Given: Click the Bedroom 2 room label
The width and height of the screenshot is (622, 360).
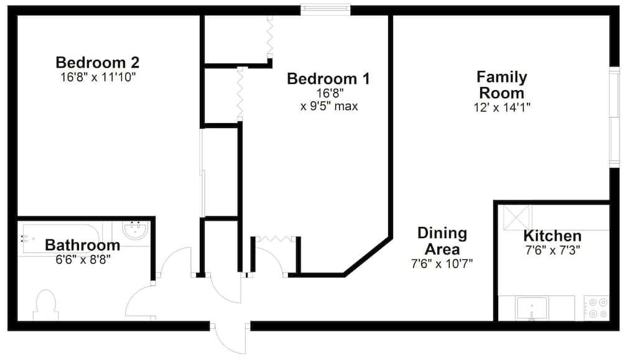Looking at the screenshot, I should [x=97, y=63].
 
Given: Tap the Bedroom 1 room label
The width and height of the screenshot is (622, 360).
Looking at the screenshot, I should [x=328, y=79].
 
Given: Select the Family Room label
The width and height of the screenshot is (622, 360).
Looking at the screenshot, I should [x=501, y=85].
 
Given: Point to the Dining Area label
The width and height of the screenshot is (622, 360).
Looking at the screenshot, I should [x=442, y=241].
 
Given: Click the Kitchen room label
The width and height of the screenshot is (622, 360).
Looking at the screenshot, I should [x=552, y=236].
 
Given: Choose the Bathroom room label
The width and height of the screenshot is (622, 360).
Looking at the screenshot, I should [x=82, y=245].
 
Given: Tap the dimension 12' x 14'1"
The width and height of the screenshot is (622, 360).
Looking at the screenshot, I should [x=501, y=107].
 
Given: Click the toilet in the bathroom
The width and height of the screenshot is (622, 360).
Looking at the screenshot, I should [x=46, y=305].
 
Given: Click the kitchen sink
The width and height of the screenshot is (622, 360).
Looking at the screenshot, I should [x=532, y=308].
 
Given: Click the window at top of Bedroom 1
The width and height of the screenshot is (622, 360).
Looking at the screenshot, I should [x=325, y=9].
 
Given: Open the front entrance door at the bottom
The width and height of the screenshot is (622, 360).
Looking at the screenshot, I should [x=230, y=339].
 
